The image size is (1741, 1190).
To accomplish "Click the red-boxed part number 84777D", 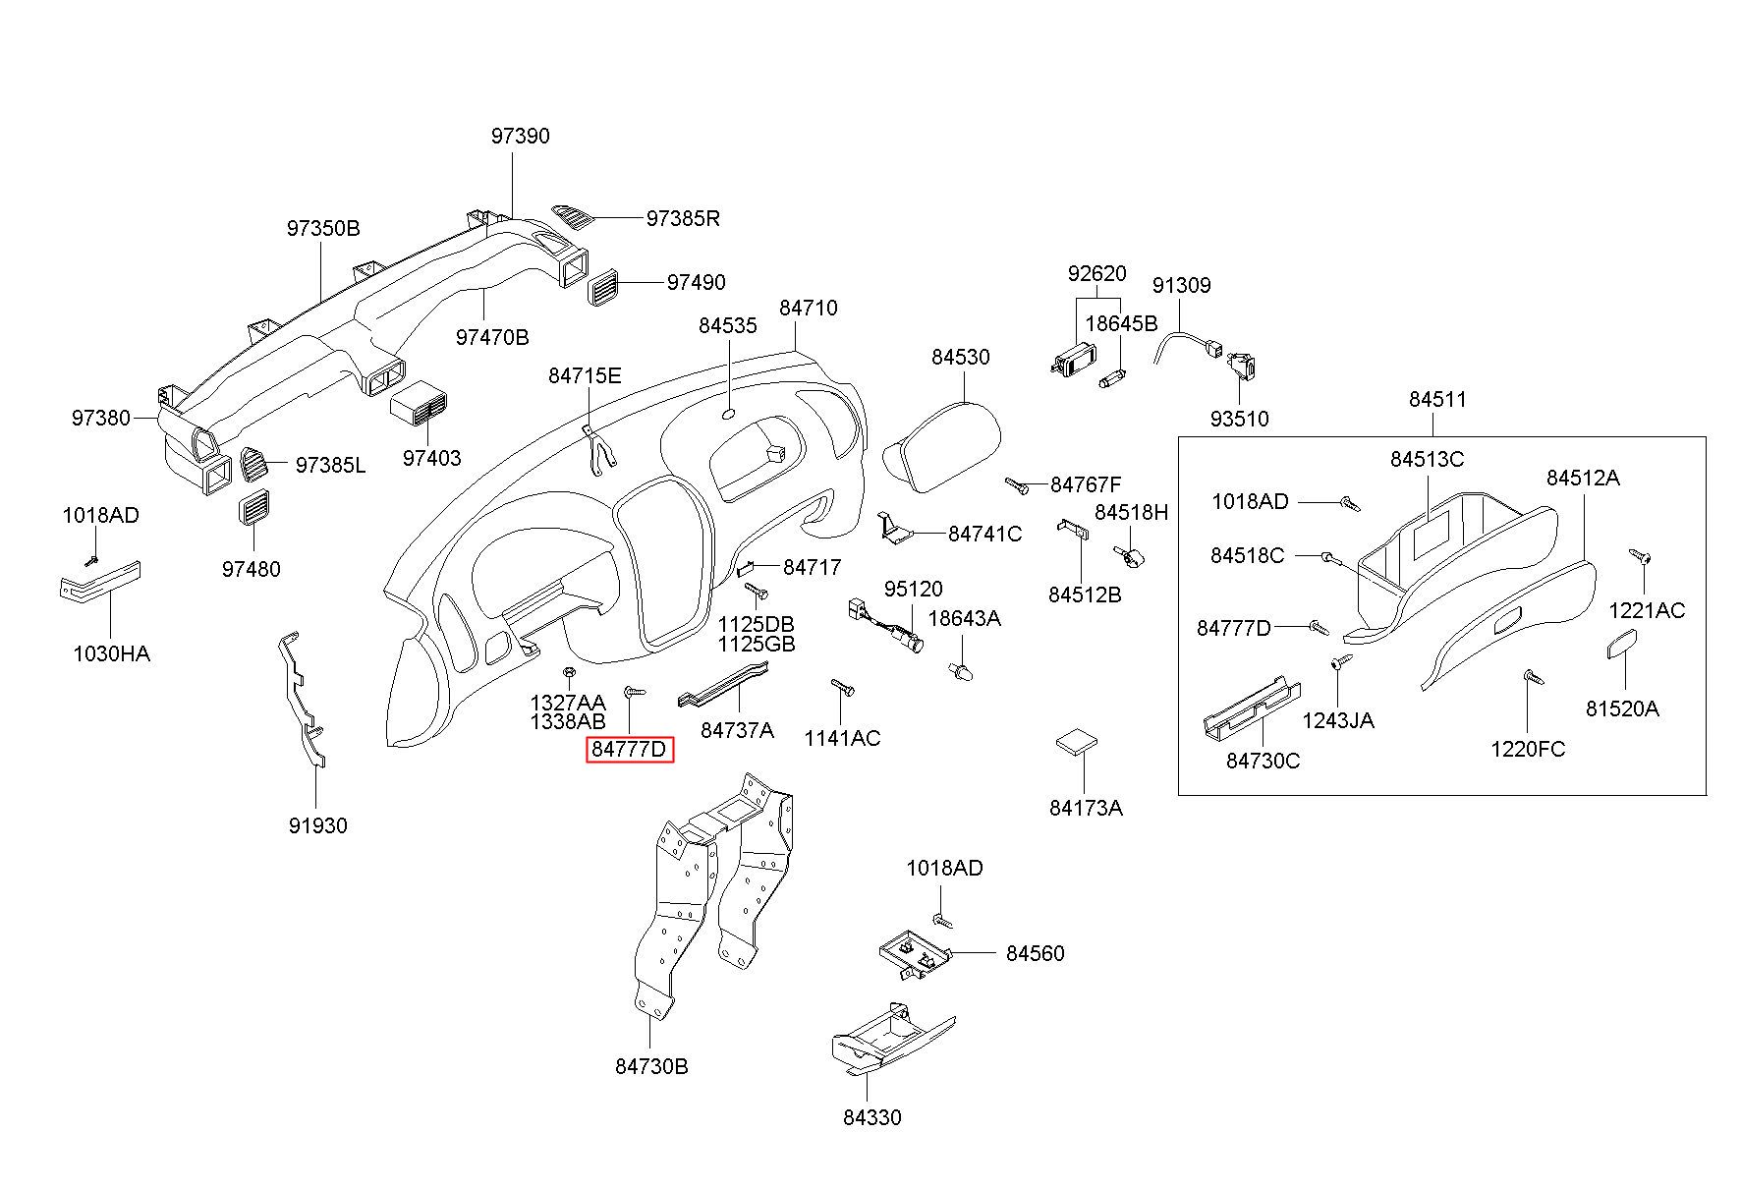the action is click(x=629, y=750).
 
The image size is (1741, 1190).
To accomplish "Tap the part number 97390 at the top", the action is click(x=520, y=137).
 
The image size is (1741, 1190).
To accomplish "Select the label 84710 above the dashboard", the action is click(x=809, y=309).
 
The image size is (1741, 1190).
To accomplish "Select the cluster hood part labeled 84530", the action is click(x=942, y=444).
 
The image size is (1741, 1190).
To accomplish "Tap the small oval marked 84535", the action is click(x=729, y=414).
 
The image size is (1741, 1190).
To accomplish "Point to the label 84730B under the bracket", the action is click(x=651, y=1066).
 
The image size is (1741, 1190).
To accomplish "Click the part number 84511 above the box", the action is click(x=1436, y=400).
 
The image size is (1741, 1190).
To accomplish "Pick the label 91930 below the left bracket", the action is click(x=317, y=826).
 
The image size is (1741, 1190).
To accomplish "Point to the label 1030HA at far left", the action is click(x=111, y=653).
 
